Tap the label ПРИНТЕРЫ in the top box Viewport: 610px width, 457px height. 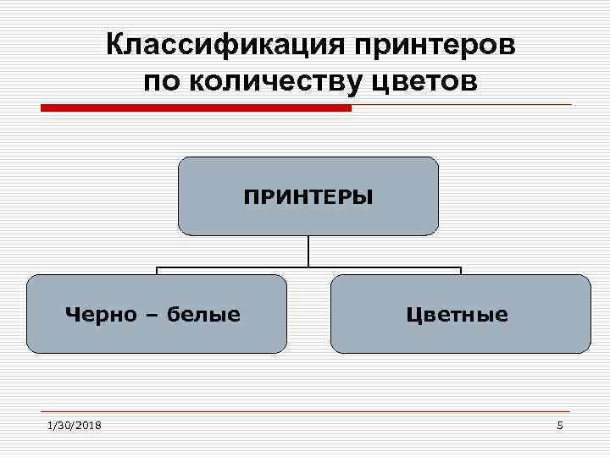308,198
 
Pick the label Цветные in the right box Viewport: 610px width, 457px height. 457,315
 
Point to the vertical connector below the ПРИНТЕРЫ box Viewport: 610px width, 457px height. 308,251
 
